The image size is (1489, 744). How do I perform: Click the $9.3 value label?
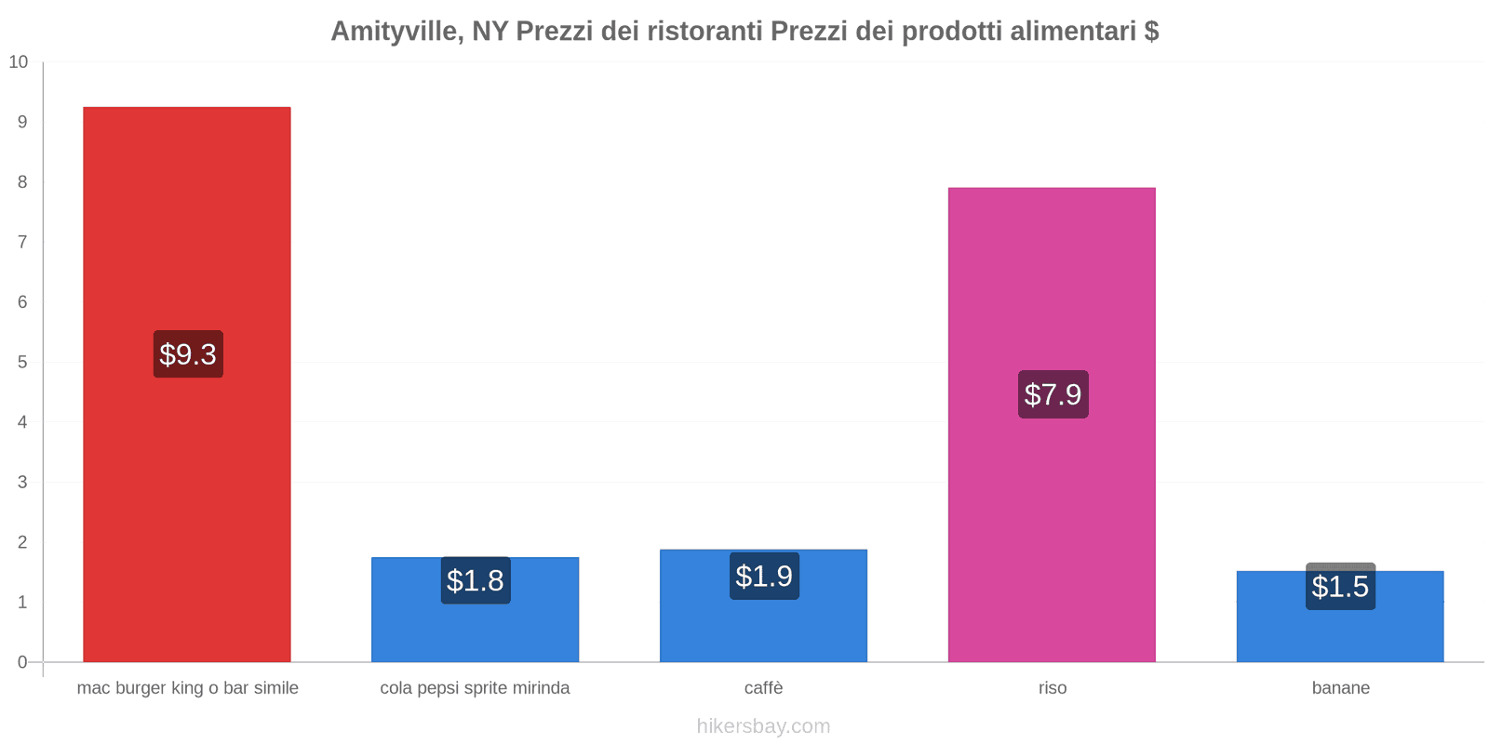(x=188, y=354)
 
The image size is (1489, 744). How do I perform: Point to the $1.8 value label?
(x=476, y=580)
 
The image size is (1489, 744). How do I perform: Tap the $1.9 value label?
(x=764, y=577)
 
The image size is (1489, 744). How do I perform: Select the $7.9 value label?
(x=1053, y=394)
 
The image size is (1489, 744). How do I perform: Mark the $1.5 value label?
(x=1340, y=587)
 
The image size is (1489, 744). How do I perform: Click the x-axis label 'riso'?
(x=1053, y=688)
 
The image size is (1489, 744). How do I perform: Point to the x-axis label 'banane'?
(x=1340, y=688)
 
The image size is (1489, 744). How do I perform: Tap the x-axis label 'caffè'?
(x=763, y=688)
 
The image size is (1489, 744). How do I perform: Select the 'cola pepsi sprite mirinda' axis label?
(x=475, y=688)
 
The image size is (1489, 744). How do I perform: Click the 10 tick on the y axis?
(x=19, y=62)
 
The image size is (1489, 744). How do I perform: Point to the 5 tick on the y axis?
(x=22, y=362)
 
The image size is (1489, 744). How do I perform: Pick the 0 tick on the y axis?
(x=22, y=662)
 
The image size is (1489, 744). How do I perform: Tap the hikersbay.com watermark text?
(x=763, y=726)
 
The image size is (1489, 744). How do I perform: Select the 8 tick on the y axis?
(x=22, y=182)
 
